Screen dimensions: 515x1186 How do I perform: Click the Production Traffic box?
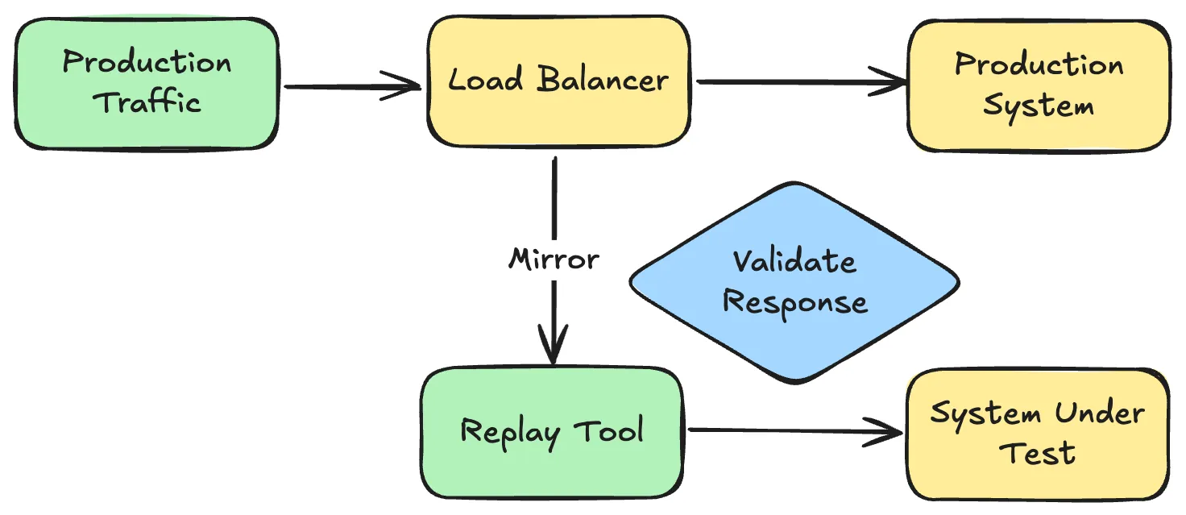(147, 83)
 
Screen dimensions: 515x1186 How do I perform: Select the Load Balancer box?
(558, 81)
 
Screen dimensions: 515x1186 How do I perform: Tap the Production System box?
(1038, 85)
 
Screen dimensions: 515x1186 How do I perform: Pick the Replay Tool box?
(551, 432)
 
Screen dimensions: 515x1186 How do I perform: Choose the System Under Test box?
(1038, 434)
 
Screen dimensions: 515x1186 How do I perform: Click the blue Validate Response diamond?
(794, 282)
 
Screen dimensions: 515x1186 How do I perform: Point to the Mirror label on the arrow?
(554, 260)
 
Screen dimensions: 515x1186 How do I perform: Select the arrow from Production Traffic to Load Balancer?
(350, 86)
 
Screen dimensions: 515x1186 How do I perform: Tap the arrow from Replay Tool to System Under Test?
(794, 431)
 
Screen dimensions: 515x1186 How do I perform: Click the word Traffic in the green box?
(148, 103)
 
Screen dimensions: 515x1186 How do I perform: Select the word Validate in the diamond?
(794, 261)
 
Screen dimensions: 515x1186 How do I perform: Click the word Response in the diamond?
(794, 302)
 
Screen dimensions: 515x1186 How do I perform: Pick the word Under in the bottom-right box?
(1100, 413)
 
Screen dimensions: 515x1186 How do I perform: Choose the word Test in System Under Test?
(1038, 453)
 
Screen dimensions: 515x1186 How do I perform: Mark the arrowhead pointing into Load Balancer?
(407, 86)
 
